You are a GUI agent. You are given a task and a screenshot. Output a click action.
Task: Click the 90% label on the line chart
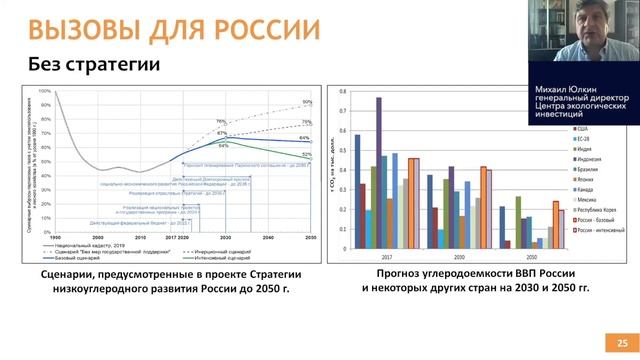tap(307, 102)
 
